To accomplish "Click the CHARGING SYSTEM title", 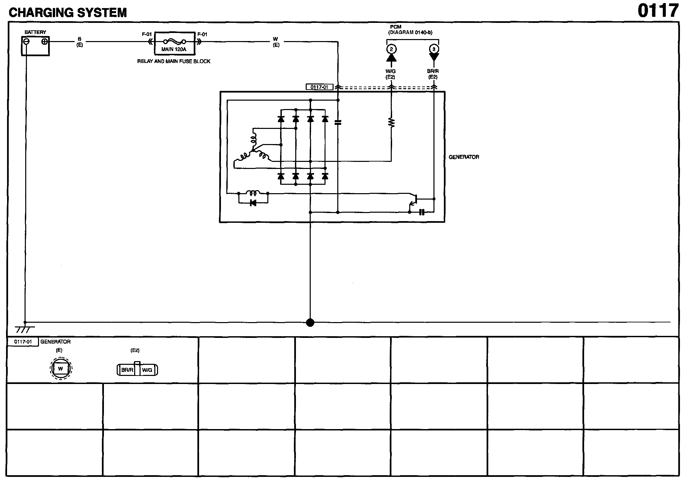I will click(68, 13).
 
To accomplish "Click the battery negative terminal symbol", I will click(27, 41).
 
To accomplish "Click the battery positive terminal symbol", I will click(44, 41).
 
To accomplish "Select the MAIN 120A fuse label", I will click(174, 49).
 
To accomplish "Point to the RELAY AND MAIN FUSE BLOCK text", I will click(174, 61).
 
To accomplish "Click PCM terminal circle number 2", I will click(391, 49).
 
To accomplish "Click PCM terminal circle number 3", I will click(434, 49).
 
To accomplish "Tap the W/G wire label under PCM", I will click(390, 71).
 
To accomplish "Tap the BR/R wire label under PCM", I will click(433, 71).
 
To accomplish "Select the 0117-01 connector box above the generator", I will click(319, 87).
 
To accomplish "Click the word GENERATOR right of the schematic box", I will click(464, 157).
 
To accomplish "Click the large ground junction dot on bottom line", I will click(310, 323).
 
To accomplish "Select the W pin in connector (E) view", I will click(61, 369).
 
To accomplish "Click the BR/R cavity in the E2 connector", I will click(127, 370).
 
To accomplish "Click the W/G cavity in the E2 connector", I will click(147, 370).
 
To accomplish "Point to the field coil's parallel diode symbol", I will click(253, 203).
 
